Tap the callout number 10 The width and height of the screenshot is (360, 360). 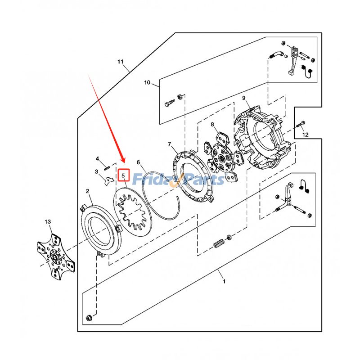point(147,83)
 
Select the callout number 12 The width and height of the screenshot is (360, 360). point(305,135)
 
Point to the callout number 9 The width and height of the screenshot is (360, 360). point(243,98)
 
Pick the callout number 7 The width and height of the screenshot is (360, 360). point(170,144)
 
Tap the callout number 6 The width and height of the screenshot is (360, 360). point(139,162)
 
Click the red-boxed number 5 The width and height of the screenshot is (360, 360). point(123,175)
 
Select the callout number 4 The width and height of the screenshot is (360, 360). point(97,159)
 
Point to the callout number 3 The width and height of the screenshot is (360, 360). point(96,171)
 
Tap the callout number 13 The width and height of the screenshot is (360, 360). point(48,222)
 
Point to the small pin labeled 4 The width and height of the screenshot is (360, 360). point(108,168)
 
